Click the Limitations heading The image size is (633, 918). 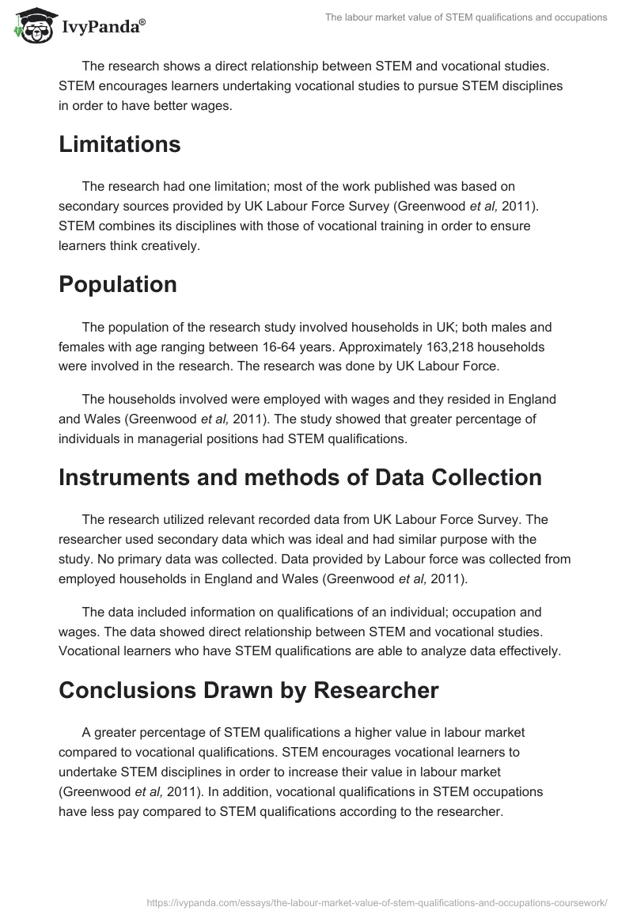pyautogui.click(x=119, y=145)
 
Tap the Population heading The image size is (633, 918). pyautogui.click(x=117, y=285)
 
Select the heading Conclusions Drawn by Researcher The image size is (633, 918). pyautogui.click(x=248, y=690)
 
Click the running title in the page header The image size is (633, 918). pyautogui.click(x=466, y=17)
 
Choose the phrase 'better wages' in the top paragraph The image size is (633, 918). pyautogui.click(x=195, y=106)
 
